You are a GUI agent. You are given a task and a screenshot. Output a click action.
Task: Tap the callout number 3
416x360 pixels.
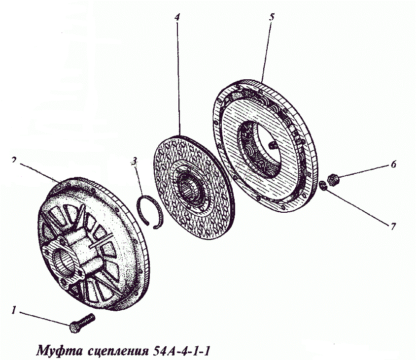pyautogui.click(x=134, y=161)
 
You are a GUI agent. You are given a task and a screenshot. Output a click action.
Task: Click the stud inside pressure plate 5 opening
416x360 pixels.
pyautogui.click(x=273, y=145)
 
